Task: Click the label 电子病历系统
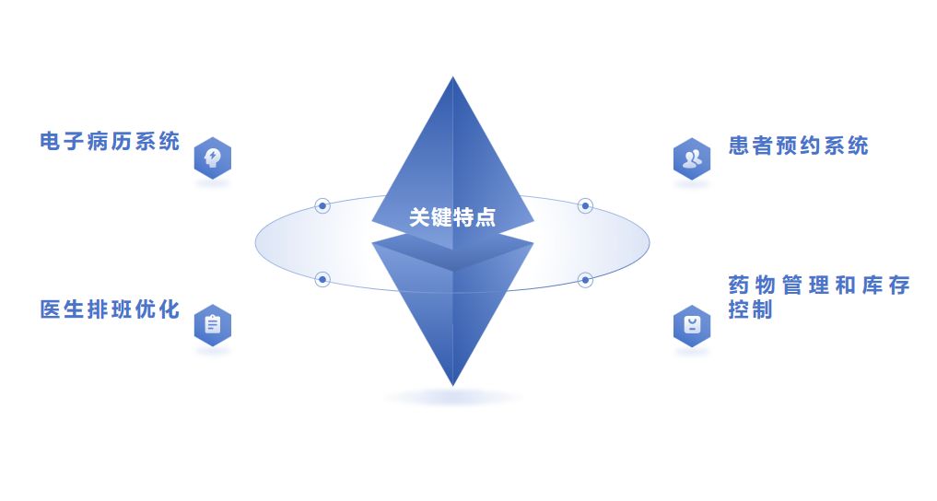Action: tap(110, 142)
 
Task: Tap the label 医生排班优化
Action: tap(110, 309)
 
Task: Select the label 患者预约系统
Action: tap(798, 146)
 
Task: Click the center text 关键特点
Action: tap(452, 217)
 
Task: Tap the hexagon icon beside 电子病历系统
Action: tap(213, 157)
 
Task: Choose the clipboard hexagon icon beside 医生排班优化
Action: tap(213, 325)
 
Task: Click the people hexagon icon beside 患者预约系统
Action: tap(691, 158)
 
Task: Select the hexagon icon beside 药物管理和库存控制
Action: tap(691, 325)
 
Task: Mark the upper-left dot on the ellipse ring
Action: tap(322, 205)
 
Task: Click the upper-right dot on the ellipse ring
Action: tap(585, 205)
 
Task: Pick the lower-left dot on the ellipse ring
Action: tap(322, 279)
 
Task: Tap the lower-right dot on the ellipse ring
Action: tap(585, 279)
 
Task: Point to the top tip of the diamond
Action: tap(452, 78)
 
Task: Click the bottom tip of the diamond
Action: tap(452, 384)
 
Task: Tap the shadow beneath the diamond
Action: tap(452, 398)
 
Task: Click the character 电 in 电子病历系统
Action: tap(50, 142)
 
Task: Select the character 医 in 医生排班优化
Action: tap(50, 309)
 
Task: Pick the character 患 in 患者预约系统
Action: tap(739, 146)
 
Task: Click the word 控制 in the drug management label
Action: tap(750, 310)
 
